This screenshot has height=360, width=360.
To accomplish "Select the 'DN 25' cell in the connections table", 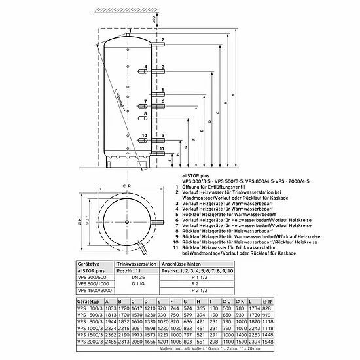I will pyautogui.click(x=132, y=276).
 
